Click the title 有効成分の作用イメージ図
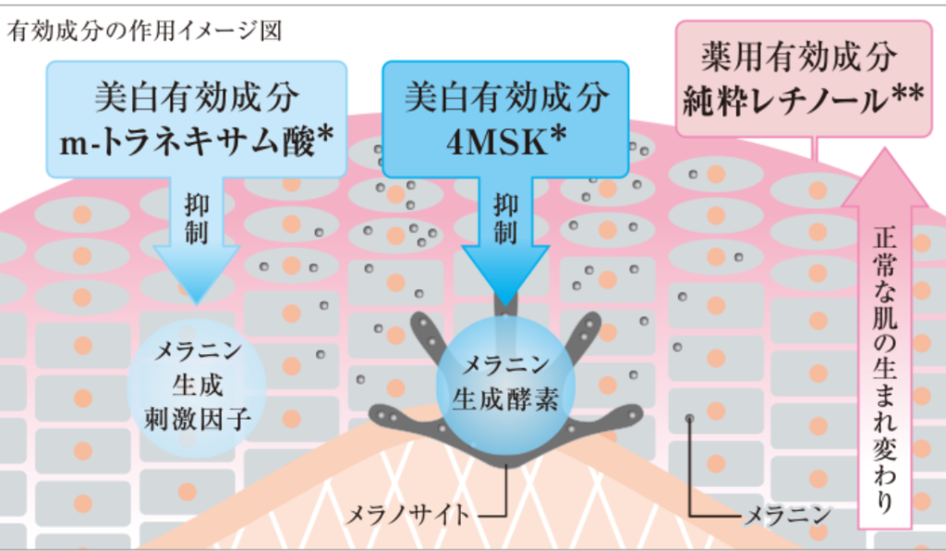tap(145, 31)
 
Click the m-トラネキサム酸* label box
tap(197, 119)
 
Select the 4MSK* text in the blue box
tap(506, 141)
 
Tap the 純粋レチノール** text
tap(803, 100)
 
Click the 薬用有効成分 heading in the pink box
tap(799, 56)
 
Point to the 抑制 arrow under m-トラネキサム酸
tap(197, 239)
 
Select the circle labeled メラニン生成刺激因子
tap(197, 386)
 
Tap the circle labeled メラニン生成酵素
tap(505, 385)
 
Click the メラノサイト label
tap(406, 515)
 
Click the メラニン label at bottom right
tap(788, 515)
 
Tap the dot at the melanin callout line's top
tap(689, 418)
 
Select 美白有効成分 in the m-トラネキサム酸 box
tap(197, 97)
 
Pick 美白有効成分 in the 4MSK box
tap(506, 97)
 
